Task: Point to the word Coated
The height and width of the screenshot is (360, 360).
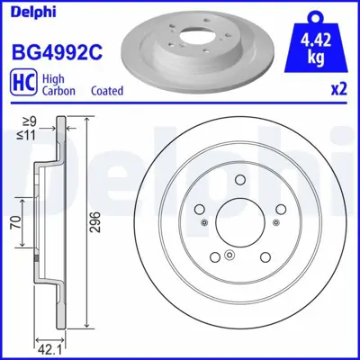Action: pyautogui.click(x=107, y=91)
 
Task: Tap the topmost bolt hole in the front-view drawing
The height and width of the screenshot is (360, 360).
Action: pyautogui.click(x=238, y=180)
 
